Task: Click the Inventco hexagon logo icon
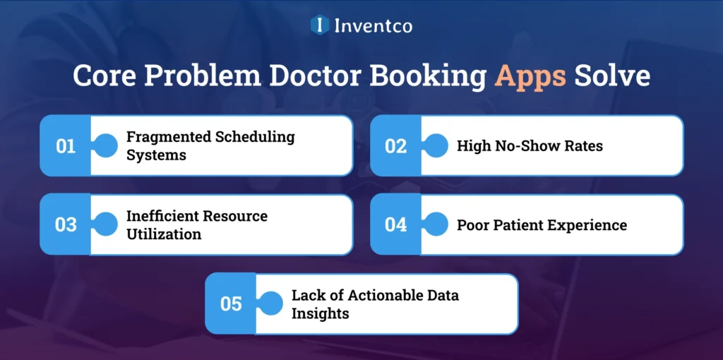(320, 25)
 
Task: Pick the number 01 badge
(66, 146)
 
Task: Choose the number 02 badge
(395, 146)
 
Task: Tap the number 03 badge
(66, 225)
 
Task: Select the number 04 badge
(395, 225)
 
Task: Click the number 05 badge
(231, 304)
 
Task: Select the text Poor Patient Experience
(542, 225)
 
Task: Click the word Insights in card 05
(320, 313)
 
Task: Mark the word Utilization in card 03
(164, 234)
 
